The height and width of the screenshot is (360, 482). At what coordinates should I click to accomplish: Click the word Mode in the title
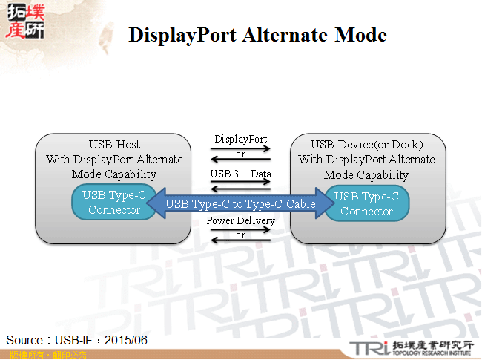click(x=360, y=35)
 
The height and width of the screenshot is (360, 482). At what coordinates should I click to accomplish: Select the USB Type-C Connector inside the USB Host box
click(x=114, y=203)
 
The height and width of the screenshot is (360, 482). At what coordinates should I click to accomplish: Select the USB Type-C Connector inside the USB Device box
click(x=367, y=203)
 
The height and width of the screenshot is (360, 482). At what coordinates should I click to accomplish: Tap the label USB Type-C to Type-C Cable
click(x=241, y=203)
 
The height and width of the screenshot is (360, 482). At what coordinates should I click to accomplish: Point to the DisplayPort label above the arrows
click(x=240, y=139)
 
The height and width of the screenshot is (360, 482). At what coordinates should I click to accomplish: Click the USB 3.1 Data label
click(x=240, y=174)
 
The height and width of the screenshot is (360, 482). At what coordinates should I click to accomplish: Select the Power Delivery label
click(x=240, y=220)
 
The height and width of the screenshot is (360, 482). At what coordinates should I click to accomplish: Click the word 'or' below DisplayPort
click(x=240, y=154)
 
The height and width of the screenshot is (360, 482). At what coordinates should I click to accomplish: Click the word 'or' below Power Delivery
click(x=240, y=235)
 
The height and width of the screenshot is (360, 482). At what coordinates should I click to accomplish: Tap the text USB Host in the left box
click(x=114, y=144)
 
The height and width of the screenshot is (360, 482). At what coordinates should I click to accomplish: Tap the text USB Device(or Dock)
click(x=366, y=144)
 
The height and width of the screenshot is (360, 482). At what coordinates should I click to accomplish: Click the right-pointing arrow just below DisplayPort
click(x=240, y=148)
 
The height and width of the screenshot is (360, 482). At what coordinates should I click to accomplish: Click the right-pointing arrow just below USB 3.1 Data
click(x=240, y=182)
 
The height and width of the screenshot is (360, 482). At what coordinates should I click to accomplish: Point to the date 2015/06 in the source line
click(x=126, y=340)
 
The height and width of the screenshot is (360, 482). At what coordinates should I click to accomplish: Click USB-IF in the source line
click(x=74, y=340)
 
